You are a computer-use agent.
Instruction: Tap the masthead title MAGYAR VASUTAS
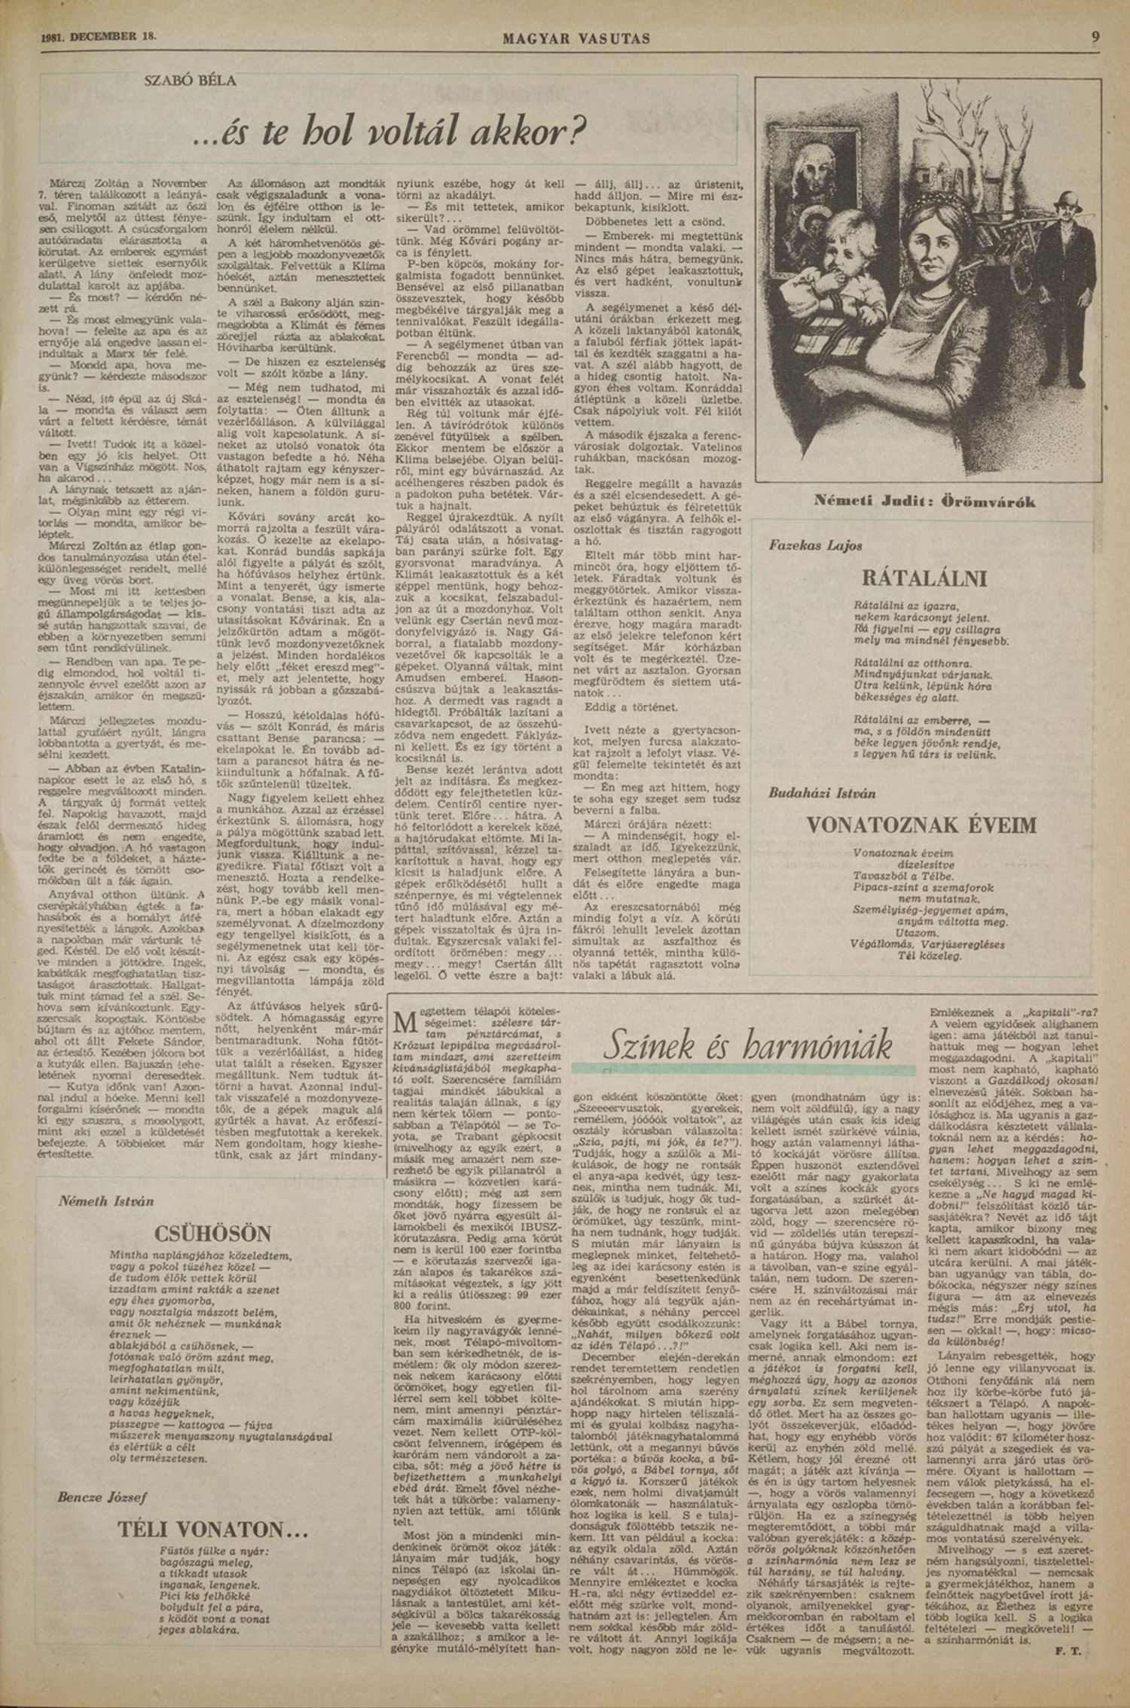pos(576,38)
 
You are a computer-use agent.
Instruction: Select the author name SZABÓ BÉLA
pos(190,81)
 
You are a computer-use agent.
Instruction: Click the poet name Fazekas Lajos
pos(816,545)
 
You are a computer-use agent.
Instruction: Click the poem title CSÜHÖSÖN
pos(212,1234)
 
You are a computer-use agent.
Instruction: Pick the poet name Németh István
pos(106,1201)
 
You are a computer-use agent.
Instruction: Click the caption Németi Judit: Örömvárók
pos(924,502)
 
